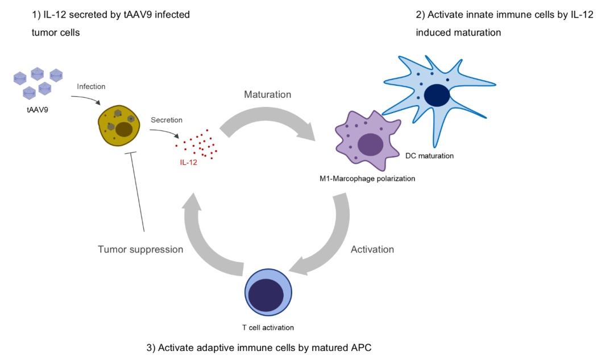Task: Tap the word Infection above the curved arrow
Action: pos(91,86)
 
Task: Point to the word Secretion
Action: pos(167,120)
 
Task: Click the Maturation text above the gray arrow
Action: pos(267,94)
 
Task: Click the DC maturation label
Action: pos(429,155)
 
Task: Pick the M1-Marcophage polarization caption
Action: pos(367,179)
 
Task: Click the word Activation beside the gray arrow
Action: pos(372,249)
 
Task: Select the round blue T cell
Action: pos(268,292)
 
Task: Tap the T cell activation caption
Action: pos(268,328)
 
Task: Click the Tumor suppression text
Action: pos(140,249)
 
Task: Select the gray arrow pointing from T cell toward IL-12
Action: pos(208,239)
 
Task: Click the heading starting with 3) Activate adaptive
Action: pos(259,347)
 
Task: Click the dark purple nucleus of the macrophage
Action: pos(370,144)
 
